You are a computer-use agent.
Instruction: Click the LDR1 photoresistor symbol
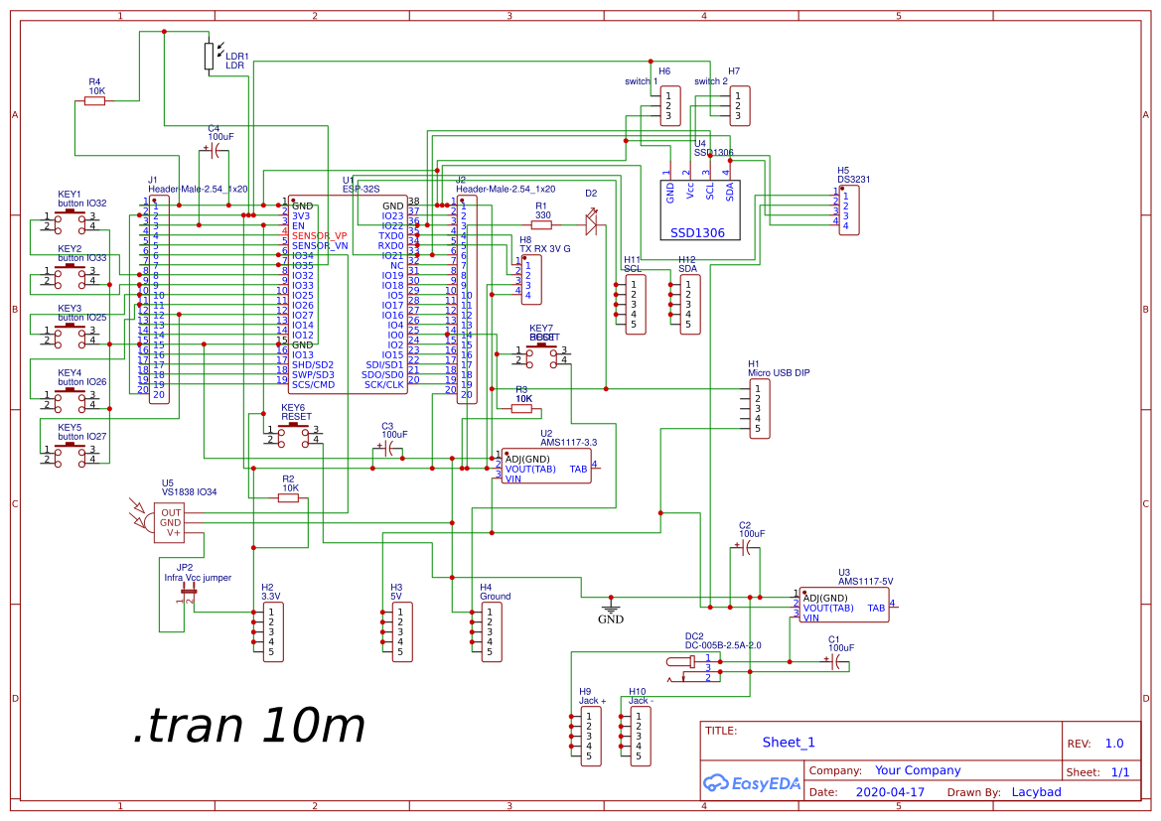(x=209, y=56)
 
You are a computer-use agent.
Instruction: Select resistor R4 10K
(x=95, y=100)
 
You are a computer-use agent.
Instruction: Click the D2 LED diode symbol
(x=592, y=225)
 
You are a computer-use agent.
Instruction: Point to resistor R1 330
(x=542, y=225)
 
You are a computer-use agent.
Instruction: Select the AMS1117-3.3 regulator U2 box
(x=545, y=466)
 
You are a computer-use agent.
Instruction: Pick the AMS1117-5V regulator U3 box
(x=844, y=605)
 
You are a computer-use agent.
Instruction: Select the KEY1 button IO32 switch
(x=70, y=220)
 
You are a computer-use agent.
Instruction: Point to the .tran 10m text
(x=248, y=727)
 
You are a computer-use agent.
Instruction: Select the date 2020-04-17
(x=889, y=792)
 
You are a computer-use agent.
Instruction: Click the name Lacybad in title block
(x=1036, y=792)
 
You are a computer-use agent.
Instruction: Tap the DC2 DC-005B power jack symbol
(x=695, y=666)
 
